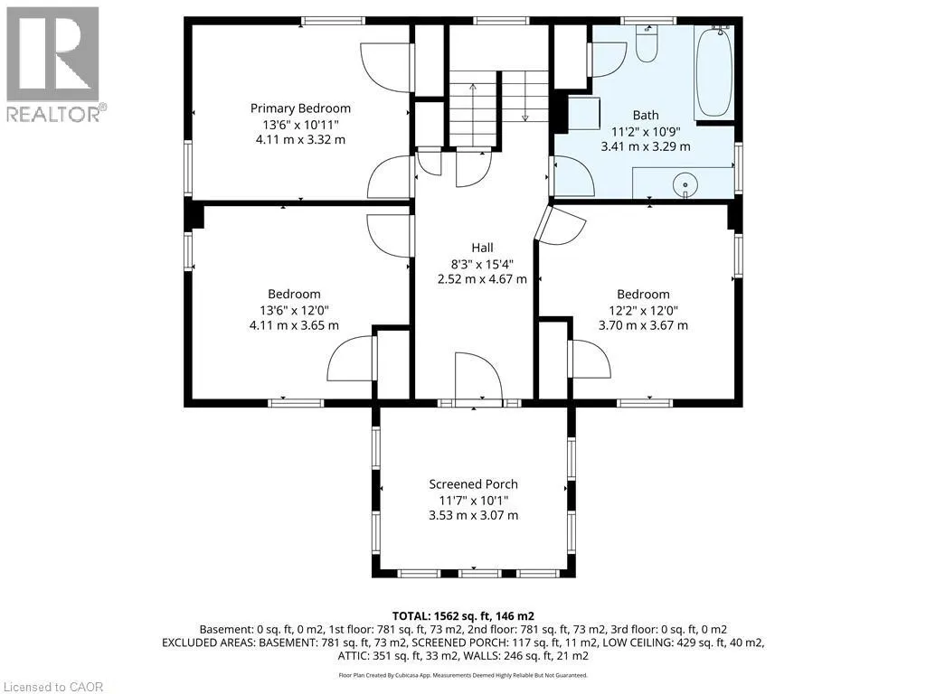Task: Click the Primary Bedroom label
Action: click(x=300, y=108)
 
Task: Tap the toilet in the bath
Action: click(x=647, y=43)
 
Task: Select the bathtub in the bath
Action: click(x=714, y=71)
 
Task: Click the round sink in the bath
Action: click(x=685, y=184)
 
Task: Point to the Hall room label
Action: click(x=482, y=248)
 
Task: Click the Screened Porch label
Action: click(x=473, y=484)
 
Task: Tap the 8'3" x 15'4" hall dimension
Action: click(x=482, y=264)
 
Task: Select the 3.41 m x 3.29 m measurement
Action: click(x=646, y=146)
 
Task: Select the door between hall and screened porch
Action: click(x=478, y=378)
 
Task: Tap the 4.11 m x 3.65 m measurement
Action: click(x=294, y=325)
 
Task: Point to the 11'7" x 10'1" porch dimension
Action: click(x=473, y=501)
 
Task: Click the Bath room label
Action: click(x=646, y=116)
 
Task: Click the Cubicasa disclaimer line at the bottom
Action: click(x=463, y=675)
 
